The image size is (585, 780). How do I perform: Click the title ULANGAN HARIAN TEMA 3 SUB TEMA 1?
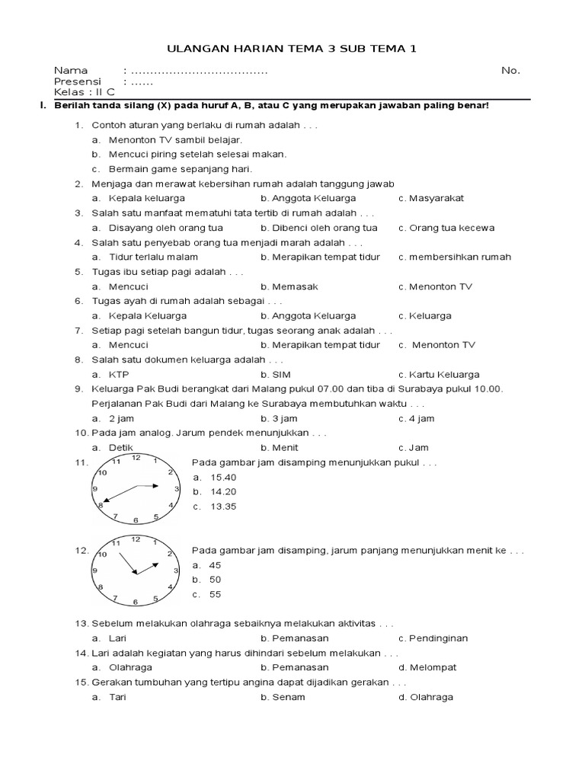tap(292, 49)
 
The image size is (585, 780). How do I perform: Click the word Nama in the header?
tap(71, 70)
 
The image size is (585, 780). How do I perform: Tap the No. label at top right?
tap(510, 70)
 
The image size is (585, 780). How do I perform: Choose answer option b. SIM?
tap(276, 375)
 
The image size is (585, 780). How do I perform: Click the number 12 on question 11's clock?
tap(136, 458)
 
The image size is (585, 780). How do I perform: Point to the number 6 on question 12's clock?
tap(136, 602)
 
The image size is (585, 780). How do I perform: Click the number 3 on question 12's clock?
tap(177, 570)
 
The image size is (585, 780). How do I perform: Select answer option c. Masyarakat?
tap(431, 198)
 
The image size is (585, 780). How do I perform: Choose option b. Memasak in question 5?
tap(289, 286)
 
